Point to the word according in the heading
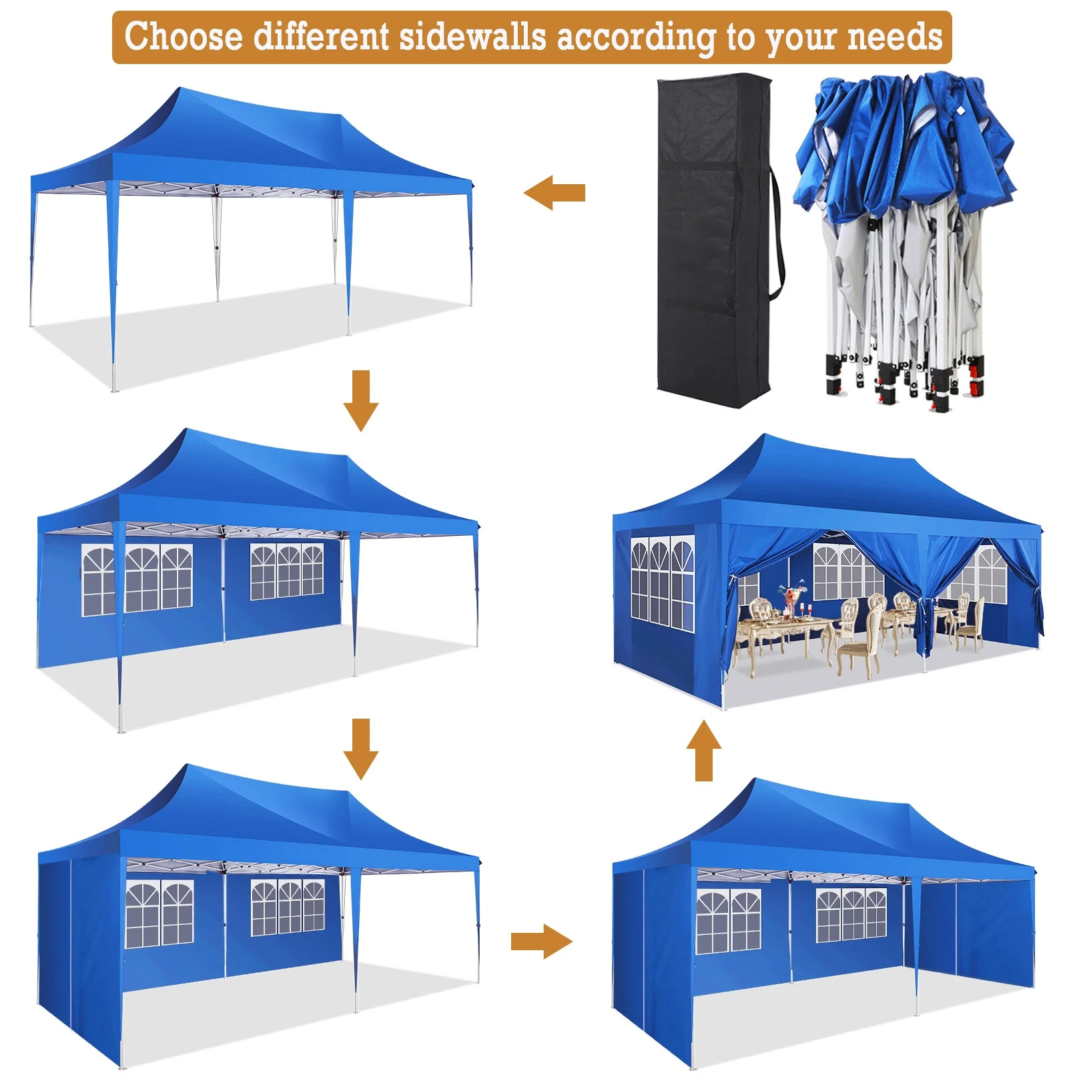click(635, 37)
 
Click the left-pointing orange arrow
click(554, 193)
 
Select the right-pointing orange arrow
click(541, 941)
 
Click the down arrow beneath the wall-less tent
click(361, 400)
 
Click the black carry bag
click(714, 240)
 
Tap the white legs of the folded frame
click(901, 300)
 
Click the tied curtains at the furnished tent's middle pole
click(923, 607)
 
